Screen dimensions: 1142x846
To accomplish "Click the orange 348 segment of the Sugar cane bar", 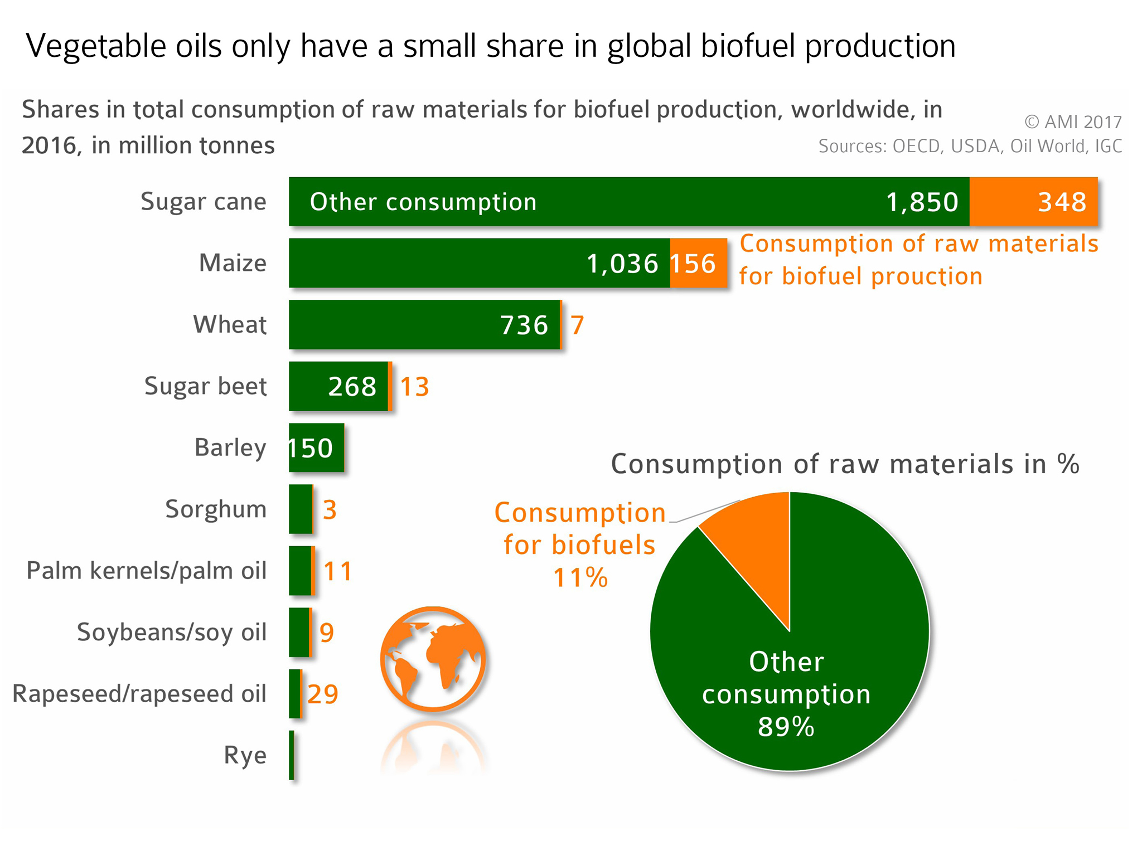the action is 1033,202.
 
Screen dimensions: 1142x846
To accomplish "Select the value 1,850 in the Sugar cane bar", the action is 922,202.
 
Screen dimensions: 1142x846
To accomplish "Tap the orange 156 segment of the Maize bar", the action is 698,263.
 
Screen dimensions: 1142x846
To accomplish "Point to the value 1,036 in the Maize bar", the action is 622,264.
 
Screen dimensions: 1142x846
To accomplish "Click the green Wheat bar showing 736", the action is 424,325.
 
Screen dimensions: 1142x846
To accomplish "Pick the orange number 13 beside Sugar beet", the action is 414,387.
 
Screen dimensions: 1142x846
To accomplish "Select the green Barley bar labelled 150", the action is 316,448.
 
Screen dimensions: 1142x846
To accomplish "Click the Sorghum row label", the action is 216,509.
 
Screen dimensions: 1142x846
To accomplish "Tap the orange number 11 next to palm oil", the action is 338,571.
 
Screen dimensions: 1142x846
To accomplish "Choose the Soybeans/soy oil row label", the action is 172,633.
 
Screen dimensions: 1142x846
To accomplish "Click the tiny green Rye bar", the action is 292,755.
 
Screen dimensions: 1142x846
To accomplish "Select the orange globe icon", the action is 433,659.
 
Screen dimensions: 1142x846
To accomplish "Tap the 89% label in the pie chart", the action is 786,727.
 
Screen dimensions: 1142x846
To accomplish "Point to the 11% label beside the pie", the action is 580,577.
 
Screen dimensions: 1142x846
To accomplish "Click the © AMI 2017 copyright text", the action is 1073,122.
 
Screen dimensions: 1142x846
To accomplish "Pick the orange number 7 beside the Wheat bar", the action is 577,325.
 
